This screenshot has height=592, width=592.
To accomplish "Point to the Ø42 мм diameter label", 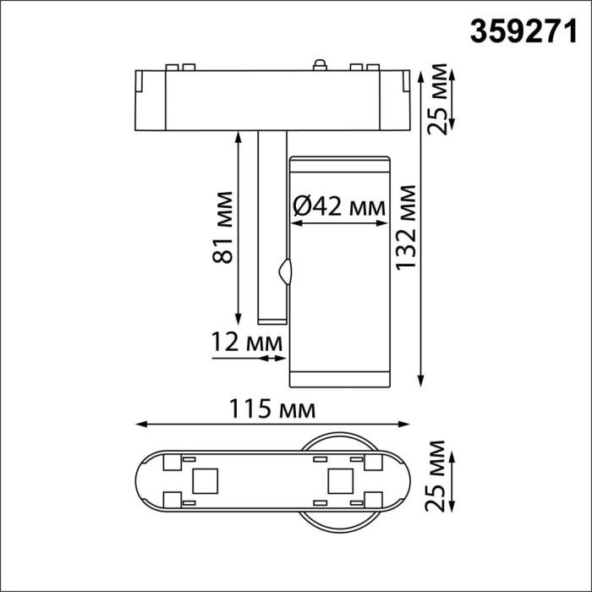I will [x=337, y=206].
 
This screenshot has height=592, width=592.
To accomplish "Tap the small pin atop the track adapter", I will [x=320, y=63].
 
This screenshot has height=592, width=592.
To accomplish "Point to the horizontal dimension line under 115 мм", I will [x=275, y=425].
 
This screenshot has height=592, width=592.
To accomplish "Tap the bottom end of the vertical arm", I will [x=271, y=319].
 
